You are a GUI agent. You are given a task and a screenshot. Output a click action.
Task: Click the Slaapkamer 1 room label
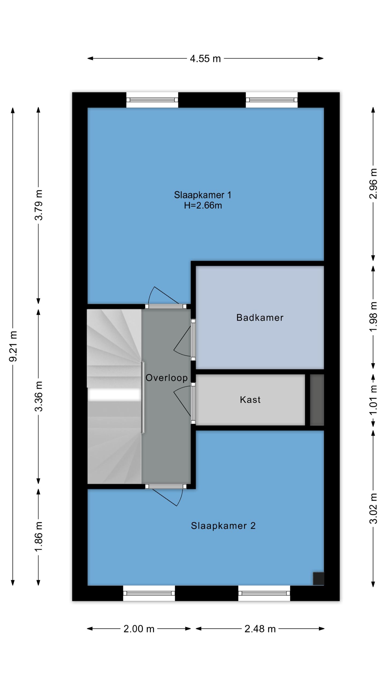[202, 195]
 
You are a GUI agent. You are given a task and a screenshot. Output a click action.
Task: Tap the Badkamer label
[260, 318]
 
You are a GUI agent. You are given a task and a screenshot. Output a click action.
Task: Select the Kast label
[250, 400]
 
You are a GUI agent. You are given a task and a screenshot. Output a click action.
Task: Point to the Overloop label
[166, 378]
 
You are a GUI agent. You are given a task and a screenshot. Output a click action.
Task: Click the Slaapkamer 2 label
[223, 526]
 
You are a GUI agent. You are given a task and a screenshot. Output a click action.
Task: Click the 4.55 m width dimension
[205, 59]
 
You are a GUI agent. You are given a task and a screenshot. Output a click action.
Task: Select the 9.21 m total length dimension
[13, 346]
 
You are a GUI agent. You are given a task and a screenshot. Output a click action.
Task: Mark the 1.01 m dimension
[373, 400]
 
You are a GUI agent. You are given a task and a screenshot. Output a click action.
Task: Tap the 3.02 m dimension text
[373, 508]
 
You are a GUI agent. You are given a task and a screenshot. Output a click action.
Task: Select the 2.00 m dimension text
[139, 629]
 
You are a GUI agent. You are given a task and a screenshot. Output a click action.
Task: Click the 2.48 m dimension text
[260, 629]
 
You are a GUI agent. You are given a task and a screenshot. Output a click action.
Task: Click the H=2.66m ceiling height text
[203, 206]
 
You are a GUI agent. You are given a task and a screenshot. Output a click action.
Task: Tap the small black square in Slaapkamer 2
[318, 578]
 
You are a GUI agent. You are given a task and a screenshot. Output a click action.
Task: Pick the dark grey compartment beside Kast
[317, 400]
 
